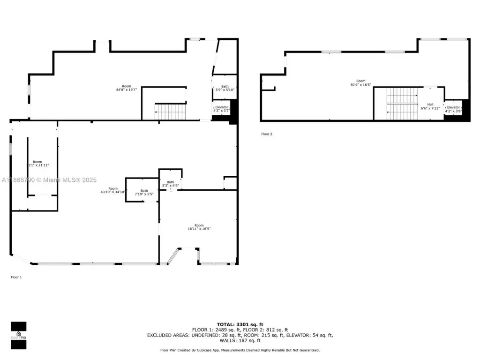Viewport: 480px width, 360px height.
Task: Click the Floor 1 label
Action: [x=16, y=277]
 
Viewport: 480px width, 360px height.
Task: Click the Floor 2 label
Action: [x=267, y=134]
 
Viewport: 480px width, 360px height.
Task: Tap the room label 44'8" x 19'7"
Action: [x=127, y=88]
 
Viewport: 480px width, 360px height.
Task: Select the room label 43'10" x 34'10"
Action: [x=112, y=190]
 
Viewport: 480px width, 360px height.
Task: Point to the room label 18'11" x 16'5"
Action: [x=199, y=227]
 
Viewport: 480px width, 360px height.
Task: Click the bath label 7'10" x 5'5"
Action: [x=144, y=192]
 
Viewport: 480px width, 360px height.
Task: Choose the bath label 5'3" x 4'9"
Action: [x=170, y=184]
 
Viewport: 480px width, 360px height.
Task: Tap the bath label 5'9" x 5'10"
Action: [x=225, y=88]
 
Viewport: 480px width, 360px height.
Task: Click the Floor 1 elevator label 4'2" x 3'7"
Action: [x=222, y=109]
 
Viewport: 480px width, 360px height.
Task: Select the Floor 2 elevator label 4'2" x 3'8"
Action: [x=453, y=109]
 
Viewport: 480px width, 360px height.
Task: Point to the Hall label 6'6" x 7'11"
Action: [x=430, y=106]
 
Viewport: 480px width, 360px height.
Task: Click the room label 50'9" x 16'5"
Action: [x=360, y=83]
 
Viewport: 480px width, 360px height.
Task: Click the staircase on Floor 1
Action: [x=171, y=112]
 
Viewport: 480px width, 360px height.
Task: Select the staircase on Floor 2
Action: [x=402, y=104]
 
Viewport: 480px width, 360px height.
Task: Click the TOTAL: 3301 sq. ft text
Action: [x=240, y=324]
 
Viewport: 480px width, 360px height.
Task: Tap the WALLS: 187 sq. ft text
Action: [x=240, y=341]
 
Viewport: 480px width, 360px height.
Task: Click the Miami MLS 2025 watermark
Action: [x=49, y=180]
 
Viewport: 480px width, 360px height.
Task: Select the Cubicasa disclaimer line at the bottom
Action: [x=240, y=350]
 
